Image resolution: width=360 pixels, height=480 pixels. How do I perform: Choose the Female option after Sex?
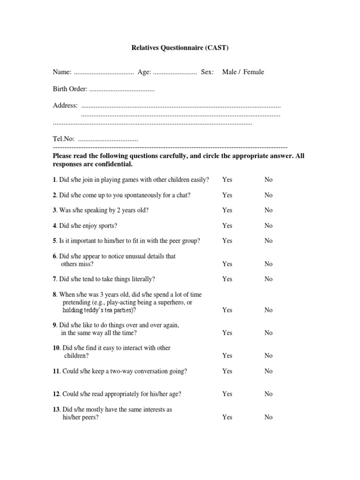254,72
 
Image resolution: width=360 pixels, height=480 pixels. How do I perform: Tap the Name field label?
62,72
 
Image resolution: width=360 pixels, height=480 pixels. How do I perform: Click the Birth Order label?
70,90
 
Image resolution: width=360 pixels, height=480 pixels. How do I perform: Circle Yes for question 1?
227,180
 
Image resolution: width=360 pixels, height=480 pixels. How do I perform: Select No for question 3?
268,210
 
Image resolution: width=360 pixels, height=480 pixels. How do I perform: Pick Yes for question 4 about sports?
227,225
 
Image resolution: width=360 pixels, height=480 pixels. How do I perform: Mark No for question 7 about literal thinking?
268,279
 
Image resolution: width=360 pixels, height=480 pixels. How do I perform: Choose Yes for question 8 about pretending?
227,310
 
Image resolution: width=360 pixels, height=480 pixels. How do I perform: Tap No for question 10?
268,356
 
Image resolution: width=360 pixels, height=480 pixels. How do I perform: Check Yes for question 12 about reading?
227,394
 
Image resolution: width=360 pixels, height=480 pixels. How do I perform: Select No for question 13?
268,417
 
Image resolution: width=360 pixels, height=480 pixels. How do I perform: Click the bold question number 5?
54,241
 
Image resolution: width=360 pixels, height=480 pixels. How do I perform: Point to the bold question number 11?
56,371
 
